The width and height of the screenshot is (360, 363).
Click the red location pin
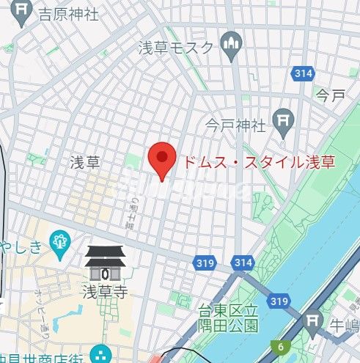[x=161, y=158]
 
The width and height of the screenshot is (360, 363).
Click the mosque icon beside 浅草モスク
[x=232, y=45]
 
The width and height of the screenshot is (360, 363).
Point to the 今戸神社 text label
[x=235, y=124]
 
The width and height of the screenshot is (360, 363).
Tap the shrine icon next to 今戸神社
[x=282, y=120]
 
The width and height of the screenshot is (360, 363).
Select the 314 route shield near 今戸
[x=302, y=73]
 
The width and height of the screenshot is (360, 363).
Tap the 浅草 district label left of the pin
[x=84, y=161]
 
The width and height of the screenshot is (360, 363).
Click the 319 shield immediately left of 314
[x=205, y=262]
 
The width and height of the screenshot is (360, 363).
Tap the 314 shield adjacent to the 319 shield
[x=242, y=262]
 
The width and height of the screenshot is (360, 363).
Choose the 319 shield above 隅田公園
[x=278, y=301]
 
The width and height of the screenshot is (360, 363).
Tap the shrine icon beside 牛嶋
[x=313, y=321]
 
